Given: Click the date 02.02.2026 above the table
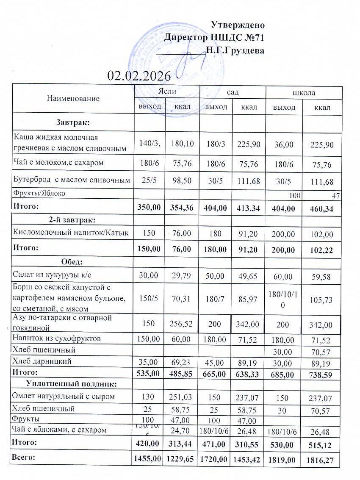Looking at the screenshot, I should coord(139,76).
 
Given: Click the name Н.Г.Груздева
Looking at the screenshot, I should coord(235,51).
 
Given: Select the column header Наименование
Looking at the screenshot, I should coord(73,99).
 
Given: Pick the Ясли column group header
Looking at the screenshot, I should coord(167,92).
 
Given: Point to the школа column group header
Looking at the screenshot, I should coord(304,93).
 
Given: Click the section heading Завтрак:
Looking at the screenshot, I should coord(72,122).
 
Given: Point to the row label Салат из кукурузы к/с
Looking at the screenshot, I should coord(53,275).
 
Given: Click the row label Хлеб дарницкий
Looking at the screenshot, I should coord(42,361).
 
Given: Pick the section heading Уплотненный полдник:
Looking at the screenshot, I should coord(72,384).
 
